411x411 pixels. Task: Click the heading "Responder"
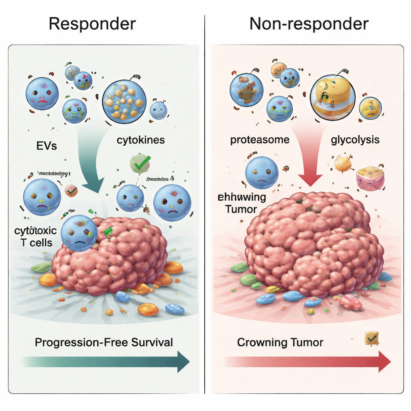coord(92,24)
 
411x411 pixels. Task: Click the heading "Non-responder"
coord(309,24)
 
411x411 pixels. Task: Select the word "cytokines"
coord(141,140)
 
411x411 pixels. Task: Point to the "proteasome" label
coord(260,140)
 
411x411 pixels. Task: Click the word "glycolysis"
coord(355,140)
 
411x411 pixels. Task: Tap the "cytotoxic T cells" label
coord(33,237)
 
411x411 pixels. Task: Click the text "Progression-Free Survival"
coord(104,342)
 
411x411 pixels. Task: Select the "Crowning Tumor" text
coord(280,342)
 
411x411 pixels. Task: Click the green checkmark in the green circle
coord(140,163)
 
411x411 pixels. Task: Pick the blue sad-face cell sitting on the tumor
coord(79,233)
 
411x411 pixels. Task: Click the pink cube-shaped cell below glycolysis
coord(370,178)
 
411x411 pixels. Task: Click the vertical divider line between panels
coord(205,201)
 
